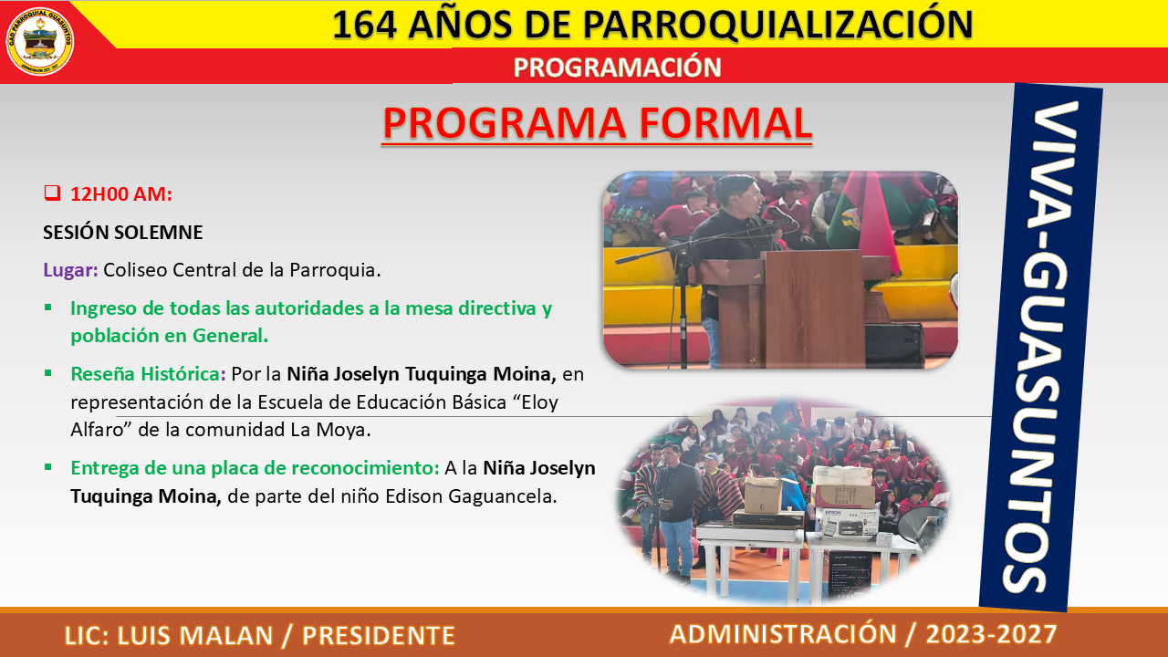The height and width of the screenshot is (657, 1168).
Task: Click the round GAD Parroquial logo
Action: coord(39,42)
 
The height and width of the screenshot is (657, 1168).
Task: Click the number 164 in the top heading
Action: coord(364,25)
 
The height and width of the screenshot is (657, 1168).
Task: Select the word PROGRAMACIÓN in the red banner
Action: coord(618,68)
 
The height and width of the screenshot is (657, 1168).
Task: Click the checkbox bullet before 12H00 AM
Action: coord(52,193)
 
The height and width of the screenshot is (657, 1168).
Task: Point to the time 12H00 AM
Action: coord(121,194)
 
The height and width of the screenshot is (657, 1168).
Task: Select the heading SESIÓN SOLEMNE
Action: coord(122,233)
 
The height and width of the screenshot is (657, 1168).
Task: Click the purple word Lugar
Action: coord(70,270)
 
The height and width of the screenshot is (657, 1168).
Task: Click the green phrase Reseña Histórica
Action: coord(148,374)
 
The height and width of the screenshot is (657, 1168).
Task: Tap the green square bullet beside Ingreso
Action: coord(48,308)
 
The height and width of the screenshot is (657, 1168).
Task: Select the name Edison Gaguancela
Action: coord(471,495)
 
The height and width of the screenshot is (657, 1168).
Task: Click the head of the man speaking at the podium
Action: coord(735,191)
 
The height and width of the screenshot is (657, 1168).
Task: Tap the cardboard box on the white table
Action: coord(763,495)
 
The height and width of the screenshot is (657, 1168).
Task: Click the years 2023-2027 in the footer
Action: coord(991,634)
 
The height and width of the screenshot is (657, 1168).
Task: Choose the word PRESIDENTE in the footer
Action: coord(379,635)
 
